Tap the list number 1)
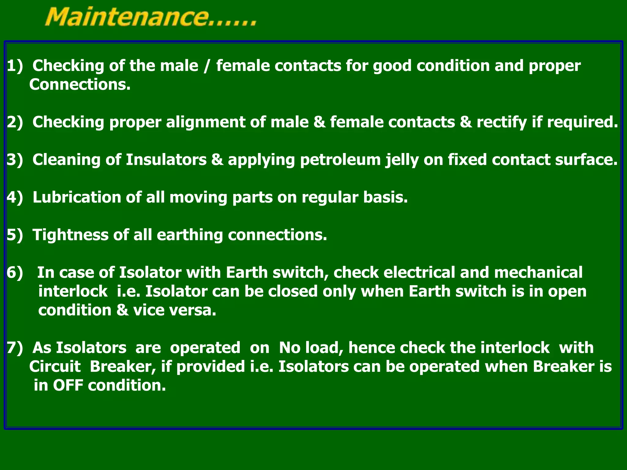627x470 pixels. tap(15, 66)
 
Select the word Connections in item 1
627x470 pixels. tap(80, 84)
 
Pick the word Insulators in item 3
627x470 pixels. tap(166, 160)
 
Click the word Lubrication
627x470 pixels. tap(77, 197)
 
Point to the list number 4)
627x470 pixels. tap(15, 197)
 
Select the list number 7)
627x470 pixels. tap(15, 348)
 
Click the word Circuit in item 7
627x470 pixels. tap(55, 367)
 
